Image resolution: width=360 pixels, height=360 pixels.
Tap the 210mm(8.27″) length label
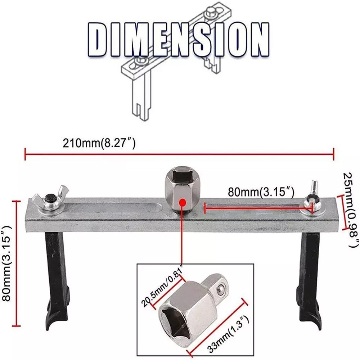99,144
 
